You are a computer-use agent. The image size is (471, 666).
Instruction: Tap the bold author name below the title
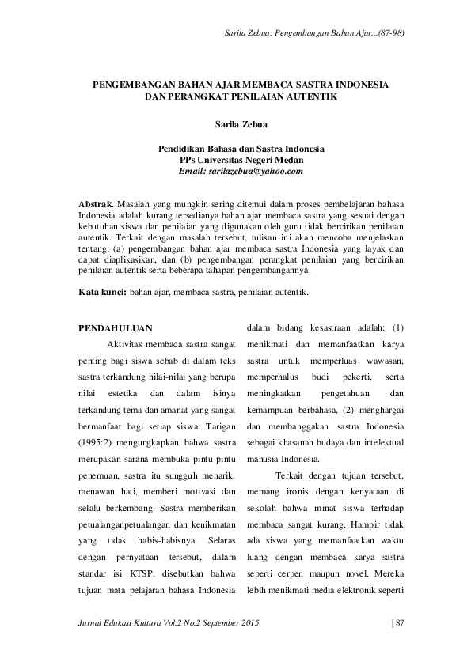click(235, 124)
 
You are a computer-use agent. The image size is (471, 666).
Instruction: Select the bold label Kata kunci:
click(103, 292)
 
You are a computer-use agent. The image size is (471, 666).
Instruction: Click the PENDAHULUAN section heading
click(116, 327)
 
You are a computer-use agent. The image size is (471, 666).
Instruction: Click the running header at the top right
click(321, 32)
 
